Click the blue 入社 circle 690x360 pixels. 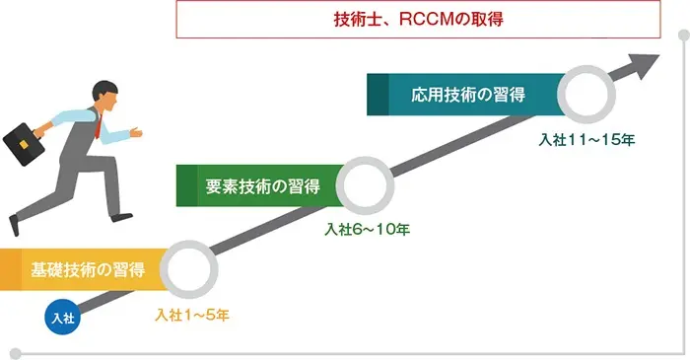(x=61, y=318)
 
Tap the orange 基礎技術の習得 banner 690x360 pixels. (x=84, y=269)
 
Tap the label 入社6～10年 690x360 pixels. (x=368, y=229)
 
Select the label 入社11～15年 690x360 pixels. (x=586, y=139)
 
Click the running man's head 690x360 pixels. (x=105, y=94)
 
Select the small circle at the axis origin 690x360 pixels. (x=15, y=352)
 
